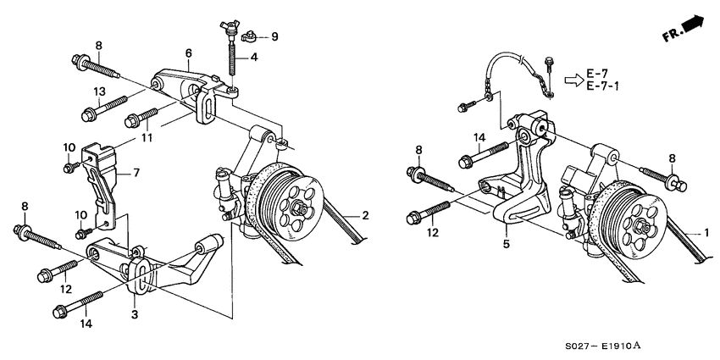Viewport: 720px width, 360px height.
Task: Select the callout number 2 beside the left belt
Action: [365, 217]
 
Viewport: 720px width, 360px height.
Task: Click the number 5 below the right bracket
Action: [506, 242]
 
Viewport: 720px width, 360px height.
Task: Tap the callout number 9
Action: [274, 37]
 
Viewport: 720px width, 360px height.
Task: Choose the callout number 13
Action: [100, 91]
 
